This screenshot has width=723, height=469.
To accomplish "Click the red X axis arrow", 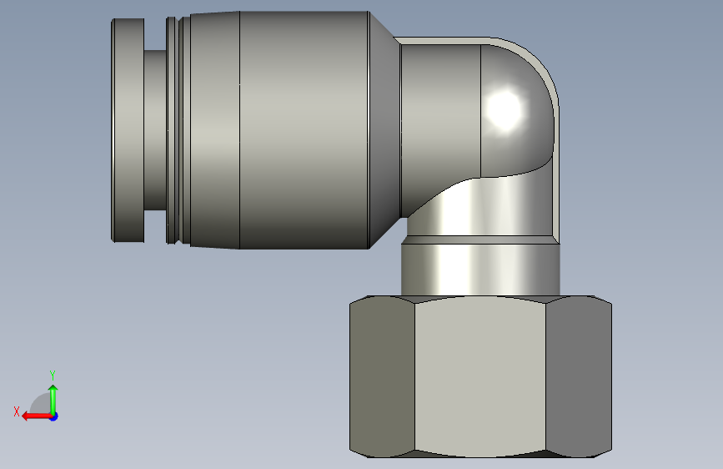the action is click(x=37, y=416).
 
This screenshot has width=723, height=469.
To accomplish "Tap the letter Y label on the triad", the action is click(x=53, y=375).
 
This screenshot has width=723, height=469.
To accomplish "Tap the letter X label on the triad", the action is click(x=17, y=411).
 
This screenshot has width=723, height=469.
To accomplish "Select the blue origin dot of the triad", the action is click(x=54, y=416).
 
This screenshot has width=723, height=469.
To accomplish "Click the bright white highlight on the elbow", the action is click(x=505, y=111).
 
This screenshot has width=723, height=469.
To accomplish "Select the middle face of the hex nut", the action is click(x=480, y=376).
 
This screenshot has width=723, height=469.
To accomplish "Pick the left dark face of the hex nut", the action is click(x=382, y=376).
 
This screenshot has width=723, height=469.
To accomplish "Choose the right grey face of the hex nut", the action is click(x=579, y=376).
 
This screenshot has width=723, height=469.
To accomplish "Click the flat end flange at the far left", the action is click(x=128, y=130).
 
